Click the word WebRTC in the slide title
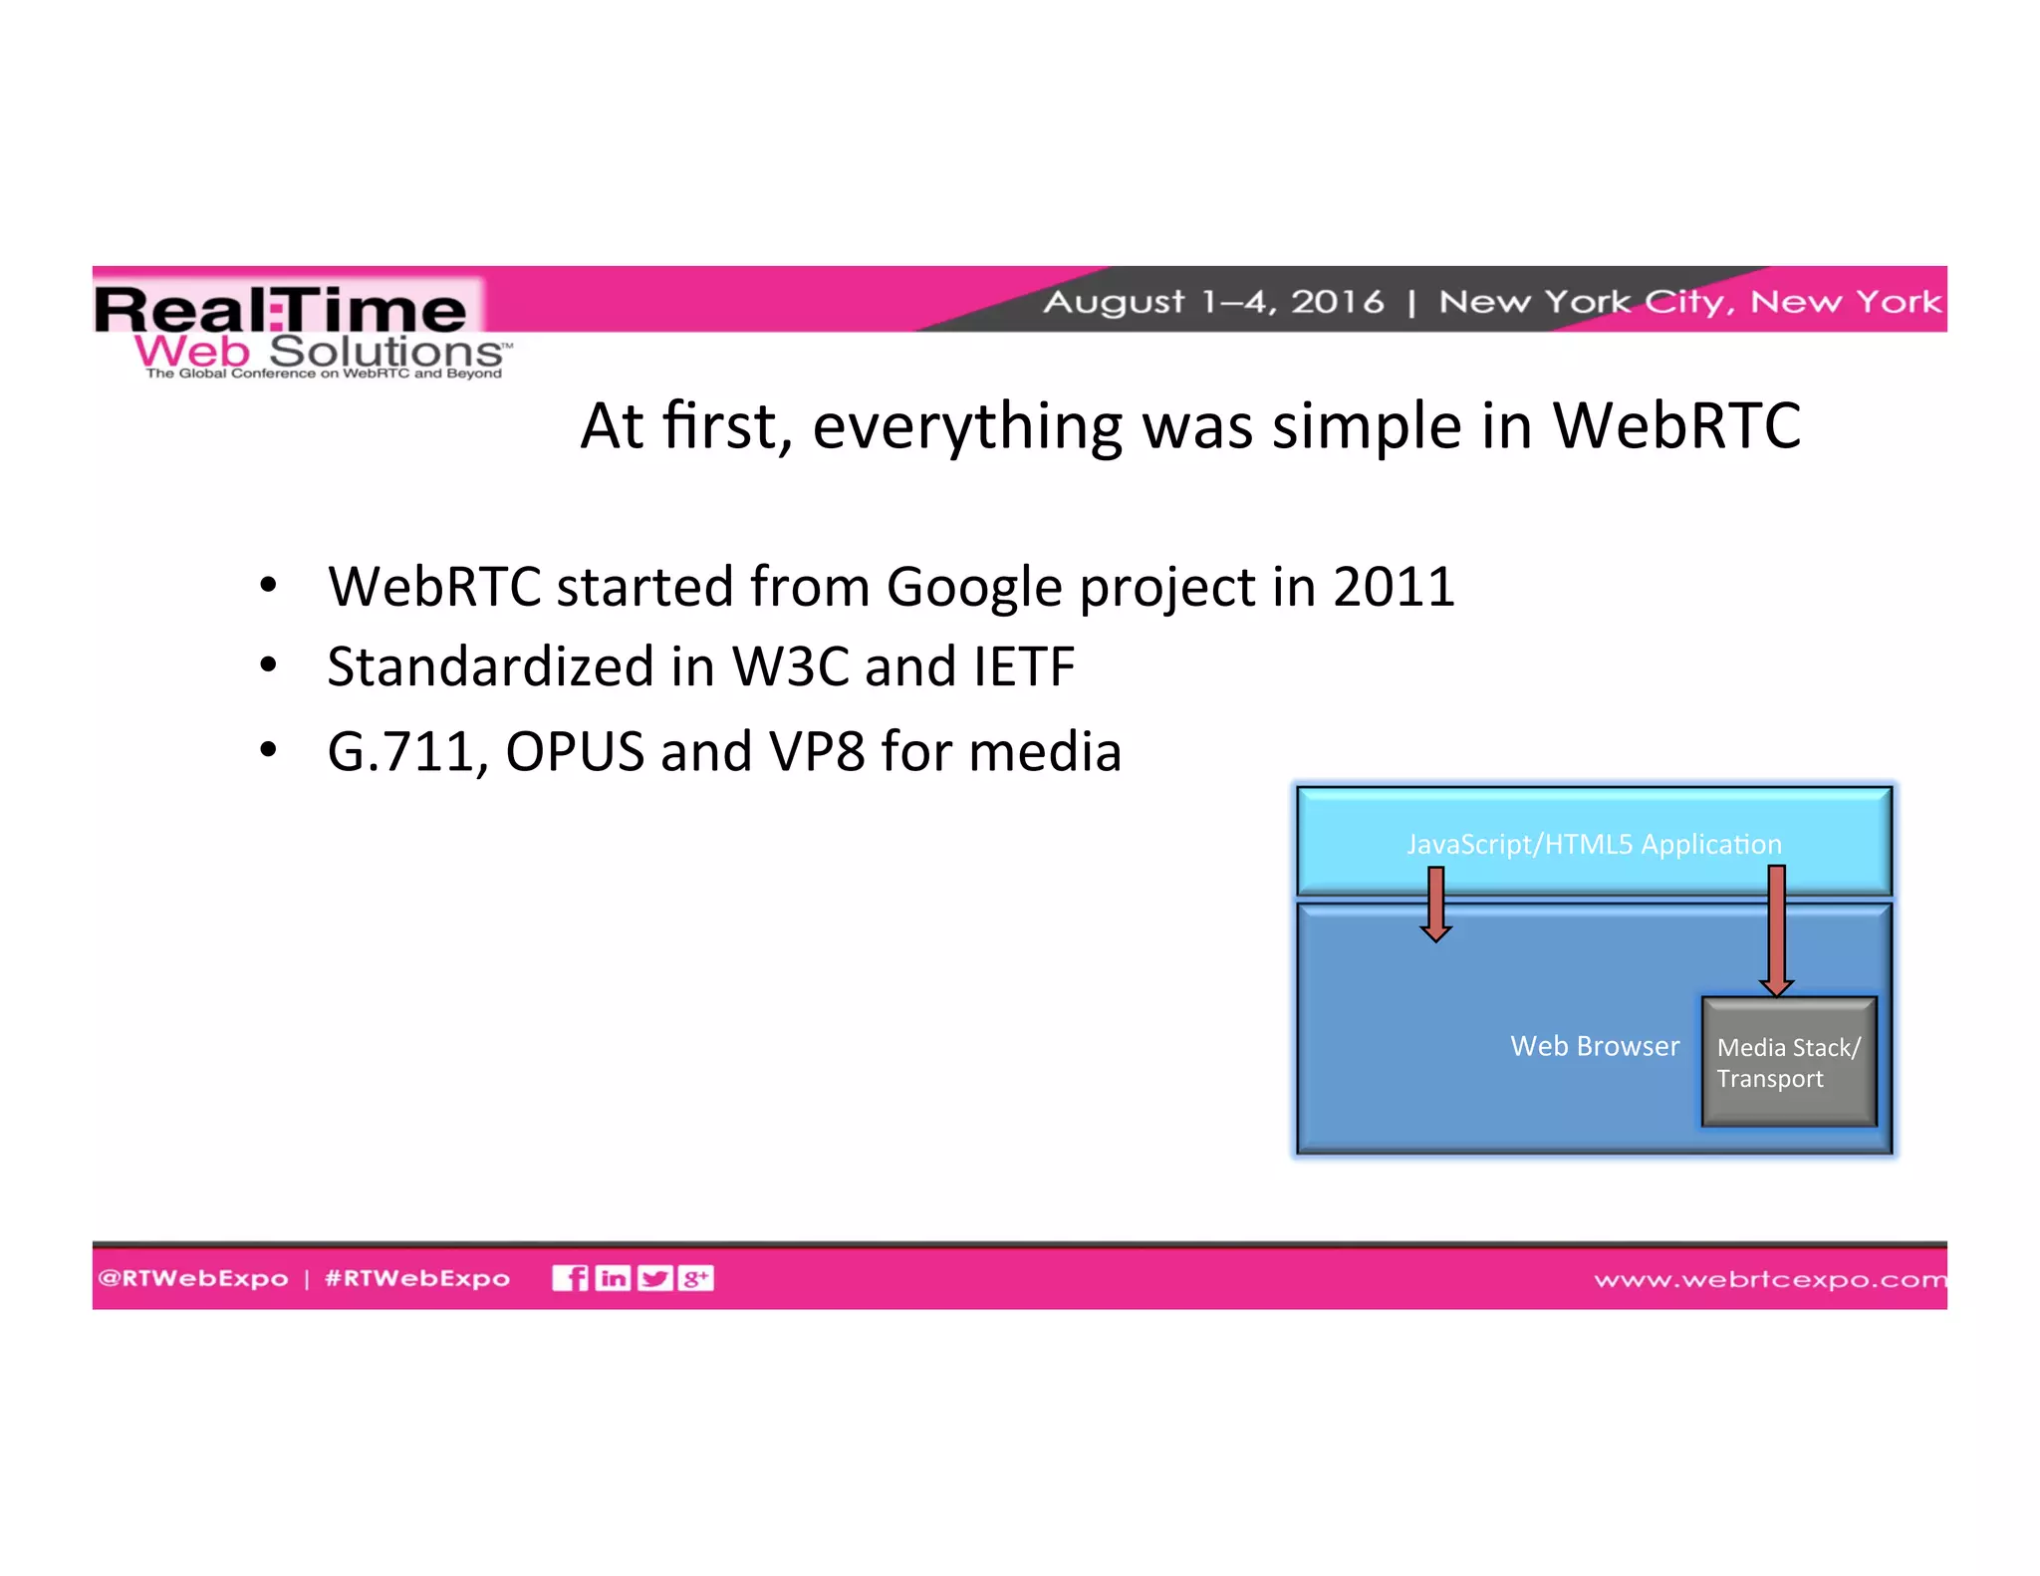click(x=1676, y=426)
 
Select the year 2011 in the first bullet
click(x=1394, y=586)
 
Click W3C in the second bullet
click(x=790, y=666)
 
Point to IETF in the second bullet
click(x=1024, y=666)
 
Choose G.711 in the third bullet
click(x=406, y=752)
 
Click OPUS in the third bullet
click(x=575, y=752)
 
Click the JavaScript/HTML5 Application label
click(x=1594, y=844)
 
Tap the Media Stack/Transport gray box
click(x=1789, y=1062)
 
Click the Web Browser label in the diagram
click(x=1594, y=1046)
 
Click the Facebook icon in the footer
click(x=570, y=1278)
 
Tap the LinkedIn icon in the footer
click(x=613, y=1278)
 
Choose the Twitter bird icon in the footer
click(x=654, y=1278)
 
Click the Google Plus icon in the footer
click(x=695, y=1278)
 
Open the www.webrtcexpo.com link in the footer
click(x=1769, y=1279)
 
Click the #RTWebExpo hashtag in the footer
click(x=417, y=1278)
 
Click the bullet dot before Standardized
click(x=267, y=666)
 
